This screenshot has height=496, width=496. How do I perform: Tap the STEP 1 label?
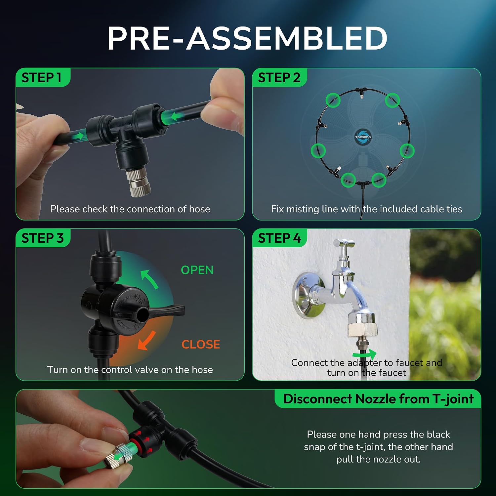(41, 78)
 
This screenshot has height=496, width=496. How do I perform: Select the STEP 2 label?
(279, 78)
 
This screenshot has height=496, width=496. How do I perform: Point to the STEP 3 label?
(42, 238)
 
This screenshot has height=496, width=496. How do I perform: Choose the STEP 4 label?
(279, 238)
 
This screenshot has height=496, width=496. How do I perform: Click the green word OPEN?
(197, 270)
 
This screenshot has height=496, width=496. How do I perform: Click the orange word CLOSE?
(201, 345)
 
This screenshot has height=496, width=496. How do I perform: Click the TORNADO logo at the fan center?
(363, 137)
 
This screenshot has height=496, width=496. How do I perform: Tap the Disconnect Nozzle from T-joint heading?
(378, 399)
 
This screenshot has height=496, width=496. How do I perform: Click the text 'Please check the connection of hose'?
(130, 209)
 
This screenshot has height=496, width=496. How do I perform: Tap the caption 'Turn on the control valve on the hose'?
(130, 369)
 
